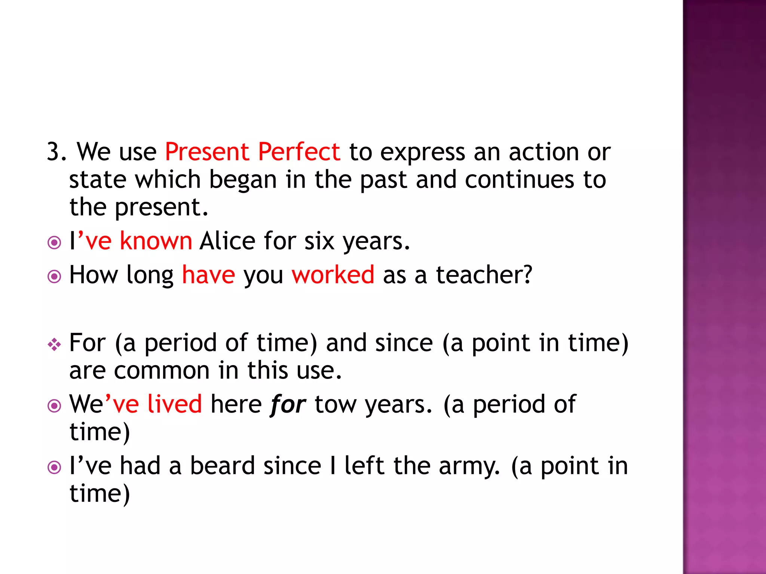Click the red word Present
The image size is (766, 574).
tap(207, 152)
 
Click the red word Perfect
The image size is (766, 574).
tap(299, 152)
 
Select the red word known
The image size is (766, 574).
tap(156, 241)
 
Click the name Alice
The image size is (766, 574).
tap(227, 241)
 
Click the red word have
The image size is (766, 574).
tap(208, 275)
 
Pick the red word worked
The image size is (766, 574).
tap(333, 275)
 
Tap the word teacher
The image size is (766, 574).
tap(484, 275)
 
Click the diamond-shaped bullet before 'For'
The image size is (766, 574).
tap(54, 344)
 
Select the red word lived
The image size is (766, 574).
tap(174, 404)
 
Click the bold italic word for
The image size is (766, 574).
tap(288, 404)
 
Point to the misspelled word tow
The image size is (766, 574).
tap(335, 404)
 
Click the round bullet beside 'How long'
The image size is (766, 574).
tap(54, 277)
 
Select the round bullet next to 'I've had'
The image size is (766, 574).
tap(54, 467)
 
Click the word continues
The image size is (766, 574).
tap(519, 180)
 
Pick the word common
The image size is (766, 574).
tap(162, 371)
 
